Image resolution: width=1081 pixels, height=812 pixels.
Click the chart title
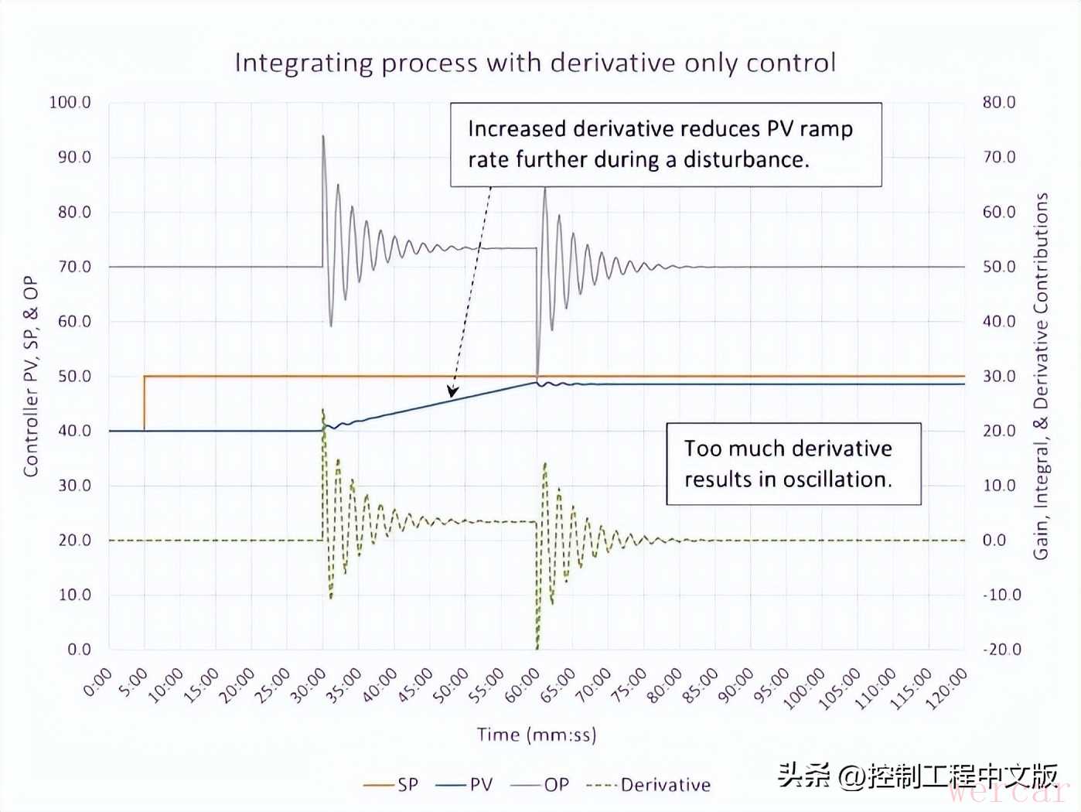[535, 63]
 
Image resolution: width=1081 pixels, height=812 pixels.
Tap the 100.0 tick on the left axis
[70, 102]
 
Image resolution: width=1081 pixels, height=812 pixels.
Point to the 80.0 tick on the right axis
[999, 102]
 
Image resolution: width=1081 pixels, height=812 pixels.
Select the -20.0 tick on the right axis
[1002, 650]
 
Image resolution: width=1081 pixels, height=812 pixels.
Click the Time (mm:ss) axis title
[537, 735]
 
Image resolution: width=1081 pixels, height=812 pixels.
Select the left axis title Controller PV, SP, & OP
[30, 376]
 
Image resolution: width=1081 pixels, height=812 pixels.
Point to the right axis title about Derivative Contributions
[1041, 376]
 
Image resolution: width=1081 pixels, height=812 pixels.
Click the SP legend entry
[391, 784]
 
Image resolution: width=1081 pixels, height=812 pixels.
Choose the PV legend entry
[465, 784]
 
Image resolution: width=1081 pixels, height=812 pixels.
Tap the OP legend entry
[540, 784]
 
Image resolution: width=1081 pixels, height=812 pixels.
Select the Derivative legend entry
[649, 784]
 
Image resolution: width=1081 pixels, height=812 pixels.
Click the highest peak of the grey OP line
[323, 136]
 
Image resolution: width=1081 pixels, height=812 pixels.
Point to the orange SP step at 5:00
[145, 403]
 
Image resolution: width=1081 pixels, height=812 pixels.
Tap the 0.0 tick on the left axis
[80, 650]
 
